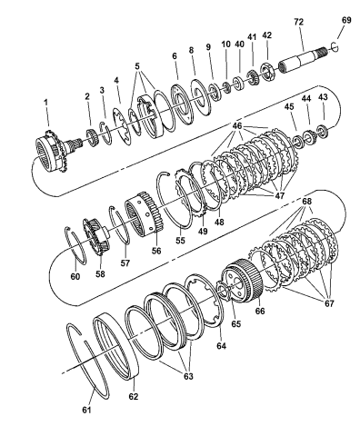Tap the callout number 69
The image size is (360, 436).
pos(345,18)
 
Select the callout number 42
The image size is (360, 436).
pos(265,35)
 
